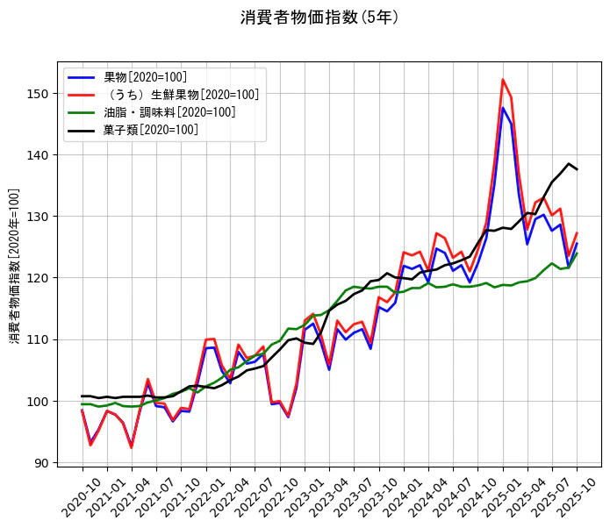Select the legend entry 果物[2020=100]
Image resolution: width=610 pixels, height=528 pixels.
pos(145,77)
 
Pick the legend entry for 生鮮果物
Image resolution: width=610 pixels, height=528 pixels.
pos(181,95)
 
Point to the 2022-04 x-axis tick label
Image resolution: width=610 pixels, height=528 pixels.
pos(224,496)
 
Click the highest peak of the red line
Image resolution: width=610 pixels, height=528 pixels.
pos(503,80)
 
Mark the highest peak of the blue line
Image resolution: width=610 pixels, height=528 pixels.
pos(503,108)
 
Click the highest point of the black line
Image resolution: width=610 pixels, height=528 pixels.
pos(569,164)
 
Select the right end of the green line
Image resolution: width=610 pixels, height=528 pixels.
pos(577,253)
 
